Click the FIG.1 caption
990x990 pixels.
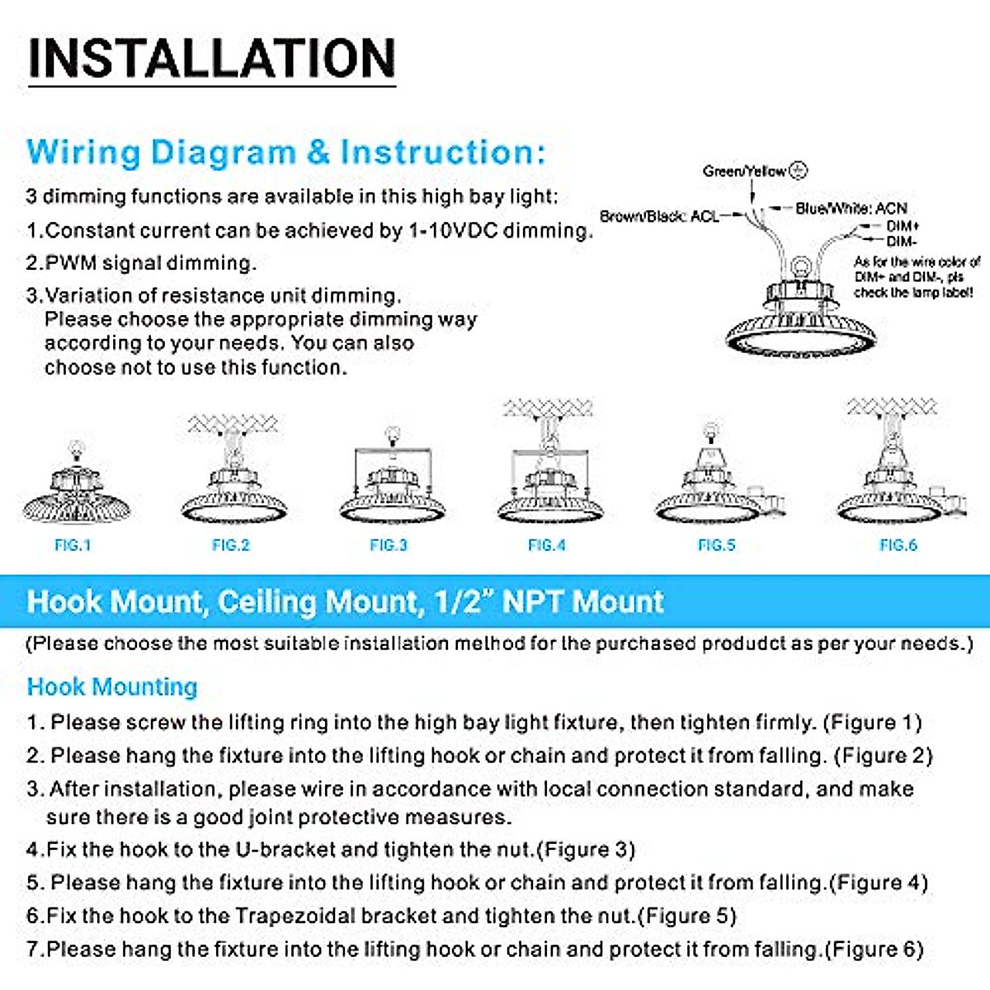(x=73, y=545)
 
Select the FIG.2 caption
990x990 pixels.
(x=230, y=545)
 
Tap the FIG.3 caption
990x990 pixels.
(x=389, y=545)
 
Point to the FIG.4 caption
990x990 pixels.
(x=547, y=545)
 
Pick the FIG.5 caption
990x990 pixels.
(x=716, y=545)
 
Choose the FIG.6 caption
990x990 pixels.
(x=898, y=545)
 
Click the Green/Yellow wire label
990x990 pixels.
(x=744, y=172)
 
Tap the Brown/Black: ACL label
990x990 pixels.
(x=659, y=216)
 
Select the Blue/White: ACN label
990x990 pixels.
(x=851, y=209)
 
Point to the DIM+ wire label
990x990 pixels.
(x=903, y=226)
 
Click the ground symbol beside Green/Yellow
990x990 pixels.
(x=798, y=171)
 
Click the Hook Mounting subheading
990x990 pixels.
(x=112, y=686)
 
